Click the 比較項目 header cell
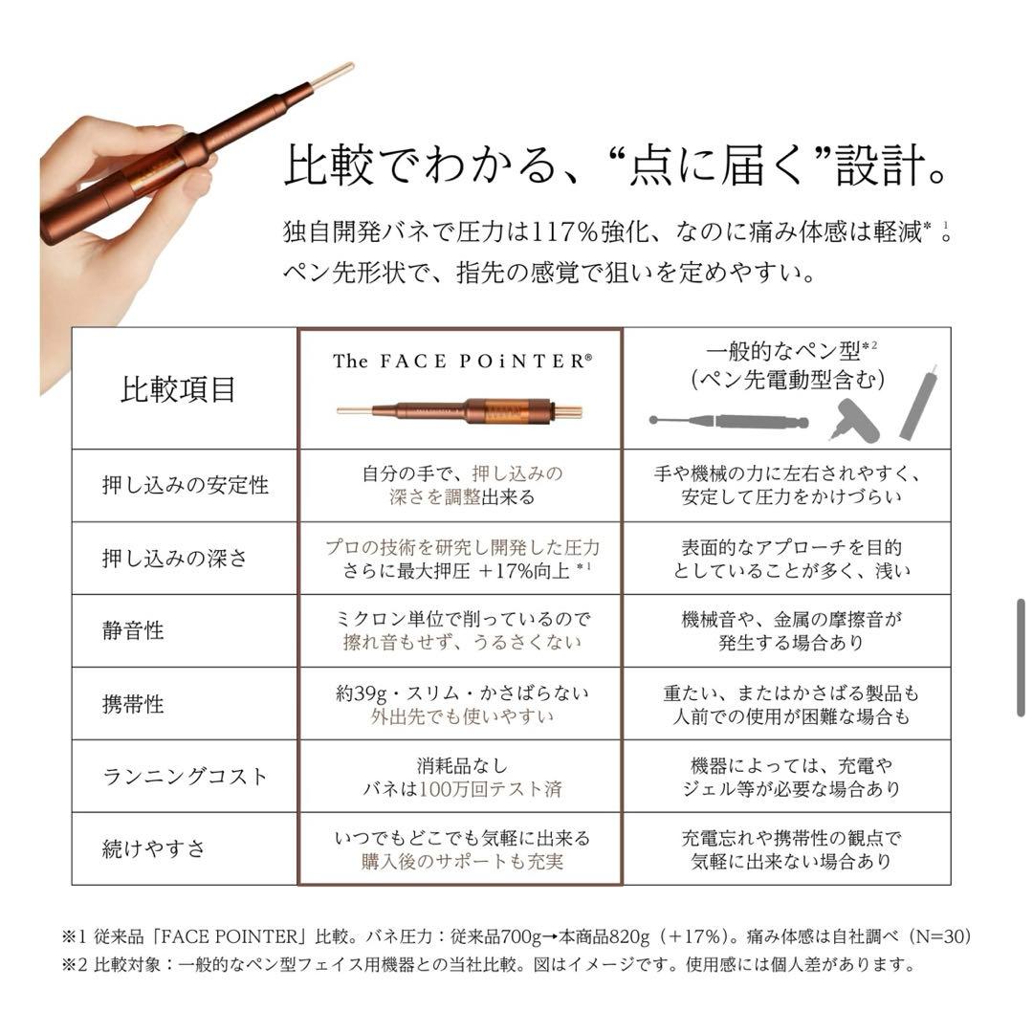click(178, 390)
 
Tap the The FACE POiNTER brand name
click(462, 361)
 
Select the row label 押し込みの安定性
click(186, 485)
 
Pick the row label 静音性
click(133, 630)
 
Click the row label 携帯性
click(133, 704)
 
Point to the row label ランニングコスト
click(186, 777)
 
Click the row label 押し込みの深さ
click(175, 559)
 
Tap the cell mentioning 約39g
click(462, 704)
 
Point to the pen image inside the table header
click(460, 411)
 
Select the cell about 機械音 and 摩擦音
click(786, 630)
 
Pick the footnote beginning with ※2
click(488, 964)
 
